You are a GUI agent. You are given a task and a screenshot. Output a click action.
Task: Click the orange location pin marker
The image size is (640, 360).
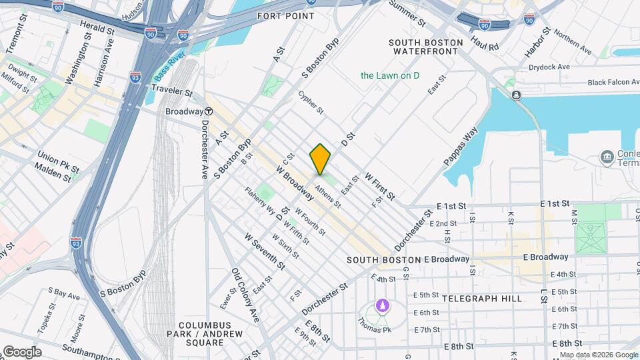320,159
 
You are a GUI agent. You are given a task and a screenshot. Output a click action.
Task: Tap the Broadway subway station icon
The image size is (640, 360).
209,111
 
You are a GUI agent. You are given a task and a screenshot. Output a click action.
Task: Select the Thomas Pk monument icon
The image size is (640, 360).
382,306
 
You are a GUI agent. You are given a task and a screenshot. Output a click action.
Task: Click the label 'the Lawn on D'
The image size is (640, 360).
390,75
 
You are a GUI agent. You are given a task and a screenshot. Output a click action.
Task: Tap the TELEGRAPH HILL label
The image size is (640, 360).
481,299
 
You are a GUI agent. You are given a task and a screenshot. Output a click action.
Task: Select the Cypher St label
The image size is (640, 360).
311,102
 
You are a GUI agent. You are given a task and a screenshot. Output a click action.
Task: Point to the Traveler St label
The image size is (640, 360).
171,90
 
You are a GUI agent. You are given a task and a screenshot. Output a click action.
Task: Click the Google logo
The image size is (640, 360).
21,352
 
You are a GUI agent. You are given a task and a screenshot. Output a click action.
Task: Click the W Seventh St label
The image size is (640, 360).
264,251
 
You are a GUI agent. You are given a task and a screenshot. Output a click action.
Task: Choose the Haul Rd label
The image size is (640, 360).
484,44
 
